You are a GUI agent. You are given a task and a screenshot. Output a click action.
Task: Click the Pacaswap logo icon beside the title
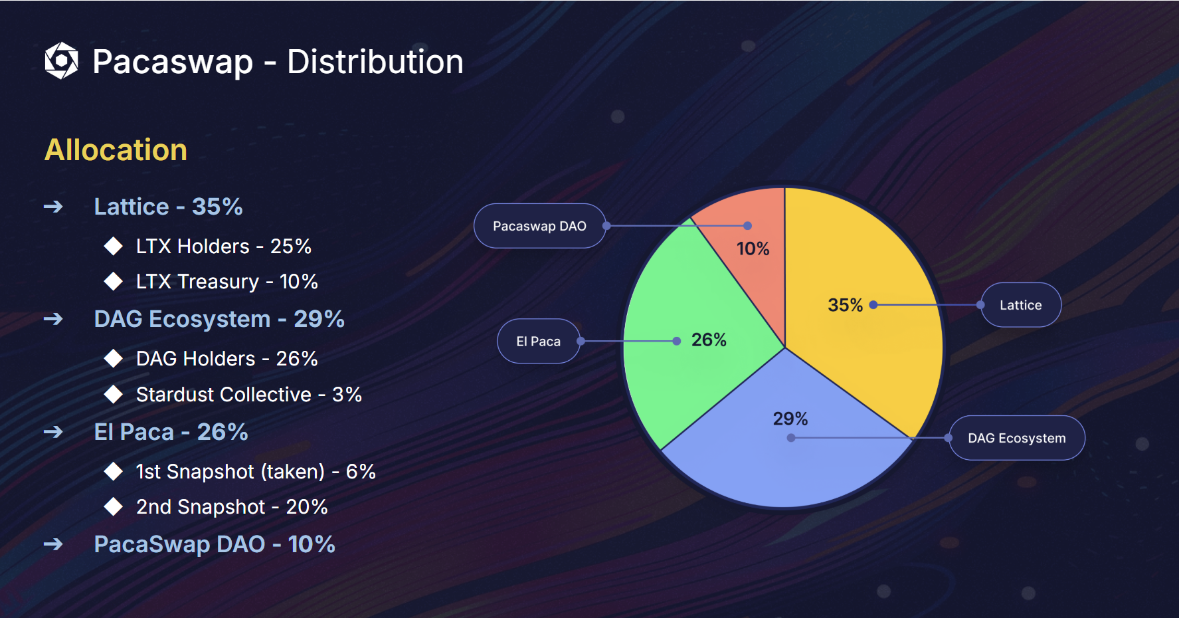(x=61, y=60)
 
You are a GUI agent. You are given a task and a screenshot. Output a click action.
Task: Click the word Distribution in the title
(x=375, y=62)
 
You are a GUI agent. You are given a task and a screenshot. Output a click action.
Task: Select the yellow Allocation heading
(x=116, y=150)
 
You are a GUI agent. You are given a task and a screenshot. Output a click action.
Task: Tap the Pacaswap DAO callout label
(x=539, y=226)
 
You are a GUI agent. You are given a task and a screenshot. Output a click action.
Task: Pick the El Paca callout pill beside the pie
(x=539, y=342)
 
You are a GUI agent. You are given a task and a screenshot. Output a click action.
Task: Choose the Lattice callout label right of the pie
(x=1021, y=305)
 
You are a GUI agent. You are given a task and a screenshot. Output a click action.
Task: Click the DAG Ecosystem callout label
(x=1017, y=438)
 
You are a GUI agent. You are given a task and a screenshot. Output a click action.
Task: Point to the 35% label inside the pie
(x=845, y=305)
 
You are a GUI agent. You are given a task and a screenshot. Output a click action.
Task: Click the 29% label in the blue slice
(x=790, y=419)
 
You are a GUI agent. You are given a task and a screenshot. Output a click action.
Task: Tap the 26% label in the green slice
(x=709, y=340)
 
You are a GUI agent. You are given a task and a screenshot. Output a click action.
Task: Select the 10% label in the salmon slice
(x=753, y=249)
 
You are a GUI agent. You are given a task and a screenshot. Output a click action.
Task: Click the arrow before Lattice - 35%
(x=53, y=207)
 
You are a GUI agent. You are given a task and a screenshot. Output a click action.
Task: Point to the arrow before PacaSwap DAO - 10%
(x=53, y=545)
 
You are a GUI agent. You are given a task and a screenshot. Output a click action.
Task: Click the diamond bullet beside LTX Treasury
(x=114, y=281)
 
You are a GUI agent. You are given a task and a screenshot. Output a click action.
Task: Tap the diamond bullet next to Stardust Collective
(x=114, y=394)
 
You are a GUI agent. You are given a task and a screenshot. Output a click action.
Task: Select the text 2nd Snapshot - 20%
(x=232, y=507)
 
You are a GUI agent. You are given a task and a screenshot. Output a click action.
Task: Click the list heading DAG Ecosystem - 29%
(x=219, y=319)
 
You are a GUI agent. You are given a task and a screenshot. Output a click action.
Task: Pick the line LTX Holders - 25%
(x=224, y=247)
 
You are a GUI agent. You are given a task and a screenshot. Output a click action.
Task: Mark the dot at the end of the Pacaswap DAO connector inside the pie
(x=747, y=226)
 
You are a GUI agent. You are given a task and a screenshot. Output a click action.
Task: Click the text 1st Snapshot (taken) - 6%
(x=256, y=472)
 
